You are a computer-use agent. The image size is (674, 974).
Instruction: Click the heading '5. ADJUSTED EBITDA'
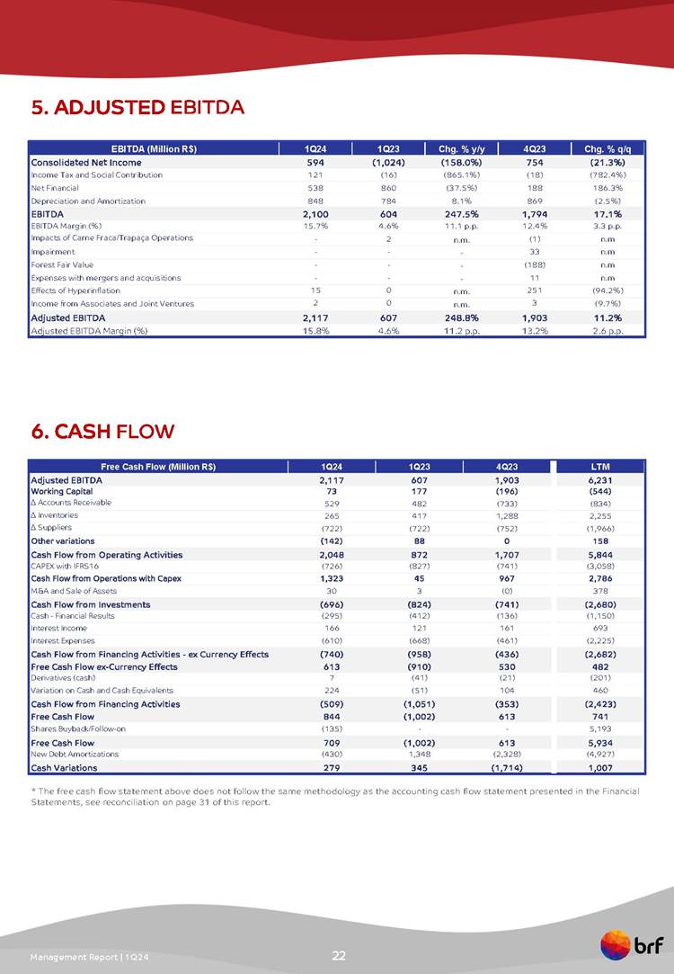pyautogui.click(x=137, y=109)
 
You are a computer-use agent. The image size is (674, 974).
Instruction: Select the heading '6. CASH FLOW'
pyautogui.click(x=102, y=432)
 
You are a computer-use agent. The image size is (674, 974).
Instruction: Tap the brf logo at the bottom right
pyautogui.click(x=632, y=946)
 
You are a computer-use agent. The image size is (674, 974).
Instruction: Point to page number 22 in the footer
pyautogui.click(x=339, y=955)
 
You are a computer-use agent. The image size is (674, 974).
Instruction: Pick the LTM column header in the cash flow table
pyautogui.click(x=601, y=466)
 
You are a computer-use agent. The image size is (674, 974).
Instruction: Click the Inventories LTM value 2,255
pyautogui.click(x=601, y=516)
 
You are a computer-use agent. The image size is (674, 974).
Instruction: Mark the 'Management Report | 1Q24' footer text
pyautogui.click(x=87, y=955)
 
